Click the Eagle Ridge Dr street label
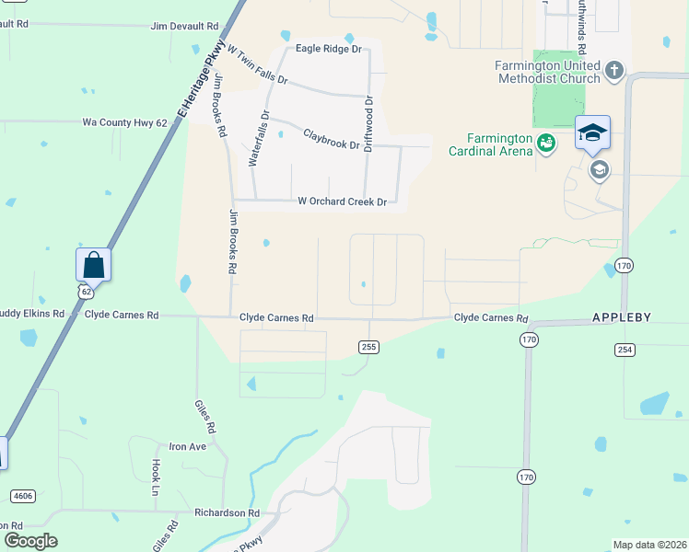[x=328, y=49]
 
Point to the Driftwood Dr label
[x=368, y=124]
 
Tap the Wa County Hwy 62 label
[x=124, y=121]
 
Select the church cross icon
[x=614, y=69]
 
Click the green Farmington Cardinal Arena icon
[x=546, y=143]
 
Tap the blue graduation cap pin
[x=592, y=132]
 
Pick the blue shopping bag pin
[x=93, y=265]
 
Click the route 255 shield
[x=368, y=346]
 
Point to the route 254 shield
[x=625, y=350]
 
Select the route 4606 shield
[x=23, y=496]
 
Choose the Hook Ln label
[x=156, y=477]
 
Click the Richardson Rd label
[x=227, y=512]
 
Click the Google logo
[x=30, y=540]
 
